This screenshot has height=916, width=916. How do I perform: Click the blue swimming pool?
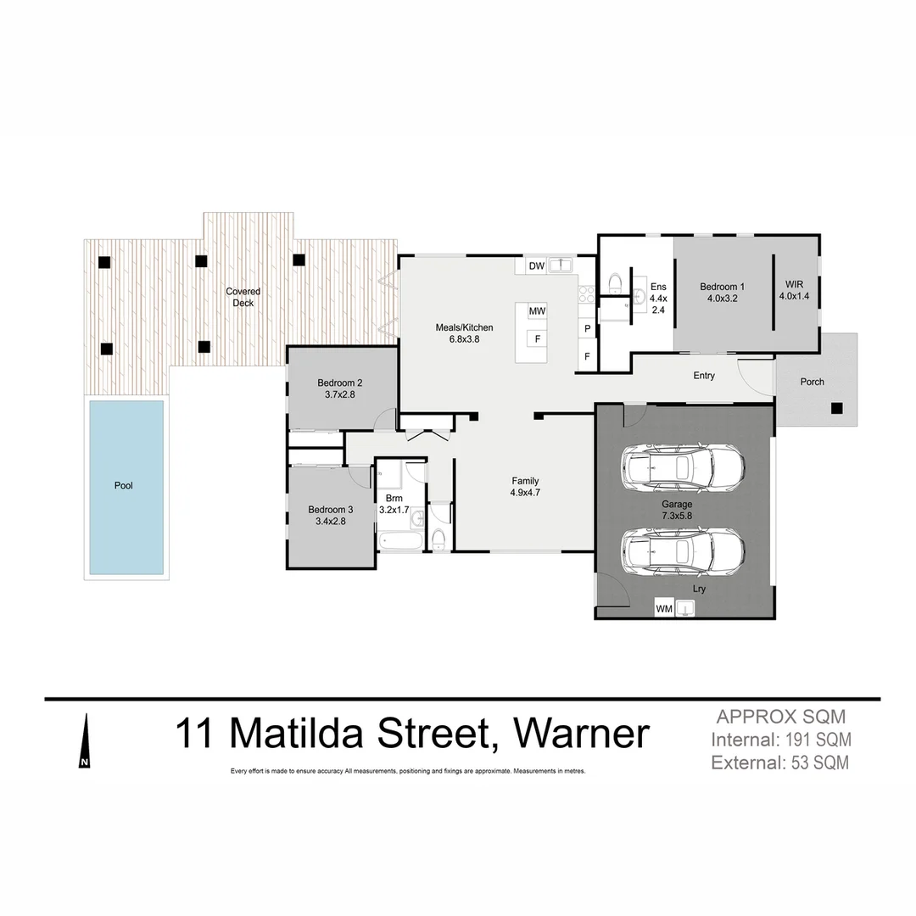[126, 486]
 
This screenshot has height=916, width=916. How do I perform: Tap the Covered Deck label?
[243, 297]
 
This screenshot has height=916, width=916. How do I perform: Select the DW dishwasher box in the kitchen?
[536, 266]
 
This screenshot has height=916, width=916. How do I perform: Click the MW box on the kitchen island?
[536, 311]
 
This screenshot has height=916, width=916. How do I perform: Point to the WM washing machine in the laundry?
[664, 608]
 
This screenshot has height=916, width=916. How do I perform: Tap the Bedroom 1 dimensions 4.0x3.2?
[723, 299]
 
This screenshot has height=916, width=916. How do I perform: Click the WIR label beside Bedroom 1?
[794, 285]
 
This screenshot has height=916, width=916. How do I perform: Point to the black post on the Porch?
[836, 408]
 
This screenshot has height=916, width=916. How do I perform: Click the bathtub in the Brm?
[399, 539]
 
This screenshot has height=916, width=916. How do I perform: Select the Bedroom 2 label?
[340, 382]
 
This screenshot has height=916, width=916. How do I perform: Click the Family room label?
[524, 481]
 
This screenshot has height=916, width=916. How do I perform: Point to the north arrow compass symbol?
[84, 741]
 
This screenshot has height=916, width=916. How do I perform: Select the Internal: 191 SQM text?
[780, 740]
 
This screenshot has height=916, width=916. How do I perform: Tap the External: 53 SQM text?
[780, 762]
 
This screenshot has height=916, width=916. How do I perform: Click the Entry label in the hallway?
[703, 376]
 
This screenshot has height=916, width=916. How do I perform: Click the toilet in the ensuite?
[616, 282]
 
